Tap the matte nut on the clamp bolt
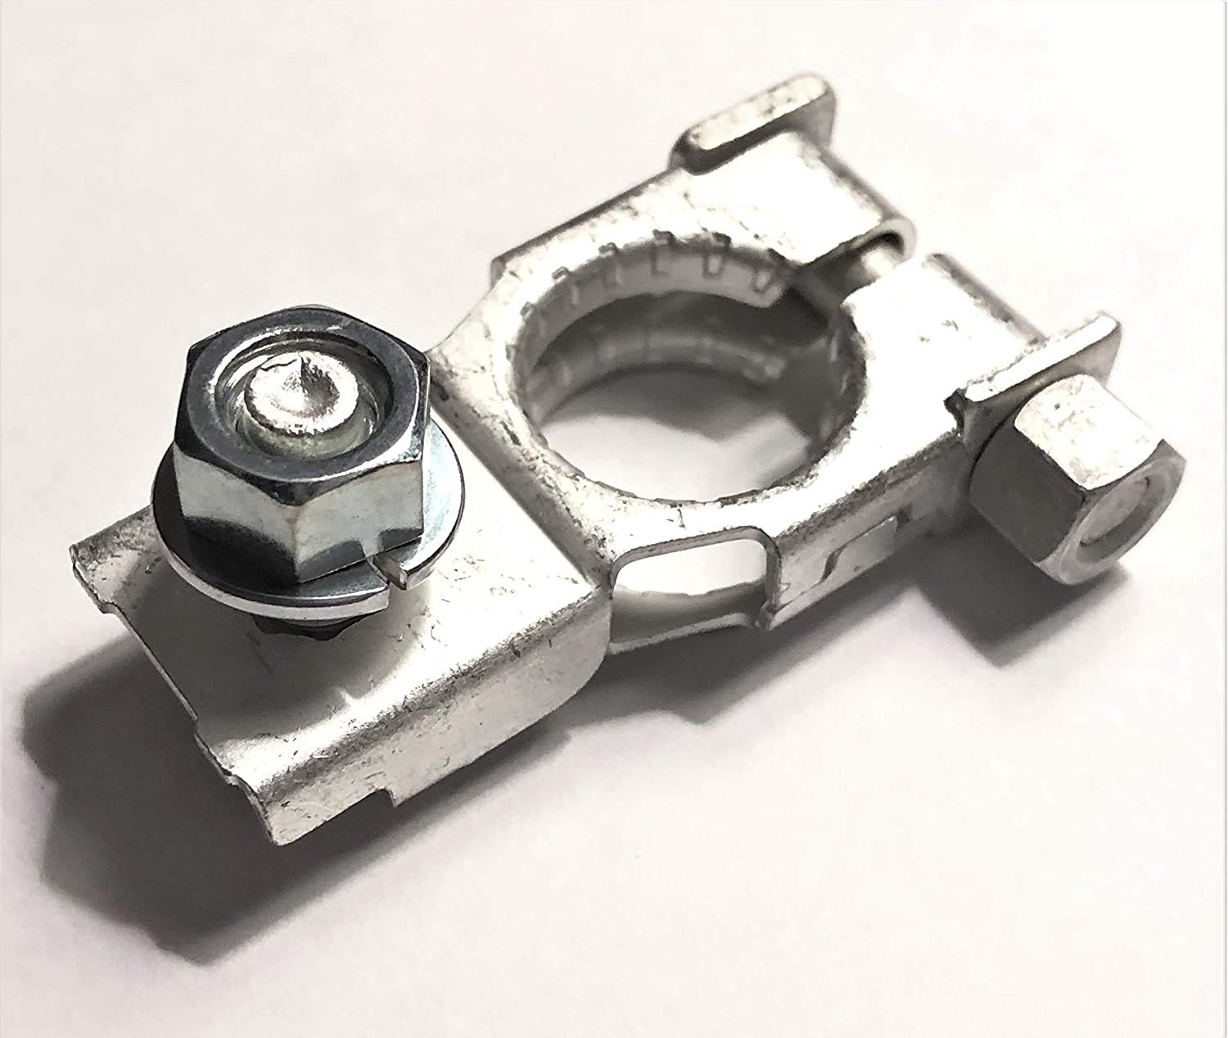pos(1072,492)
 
